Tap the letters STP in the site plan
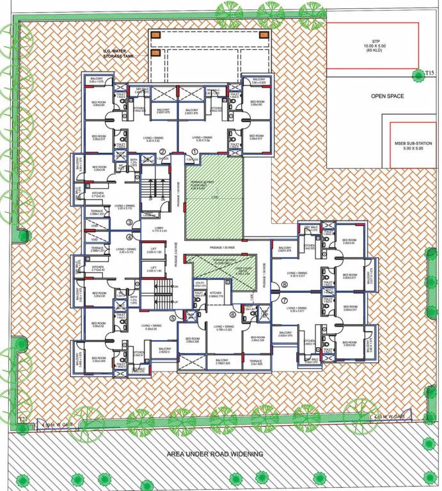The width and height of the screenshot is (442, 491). (x=372, y=41)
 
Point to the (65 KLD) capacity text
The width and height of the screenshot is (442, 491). (x=372, y=51)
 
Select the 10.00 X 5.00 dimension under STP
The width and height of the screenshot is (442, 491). (x=372, y=46)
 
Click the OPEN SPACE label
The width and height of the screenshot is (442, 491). (x=388, y=97)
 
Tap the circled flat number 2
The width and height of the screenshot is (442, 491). (x=163, y=152)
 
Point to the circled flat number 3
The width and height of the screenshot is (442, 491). (x=130, y=222)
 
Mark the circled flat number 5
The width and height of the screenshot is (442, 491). (x=172, y=317)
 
